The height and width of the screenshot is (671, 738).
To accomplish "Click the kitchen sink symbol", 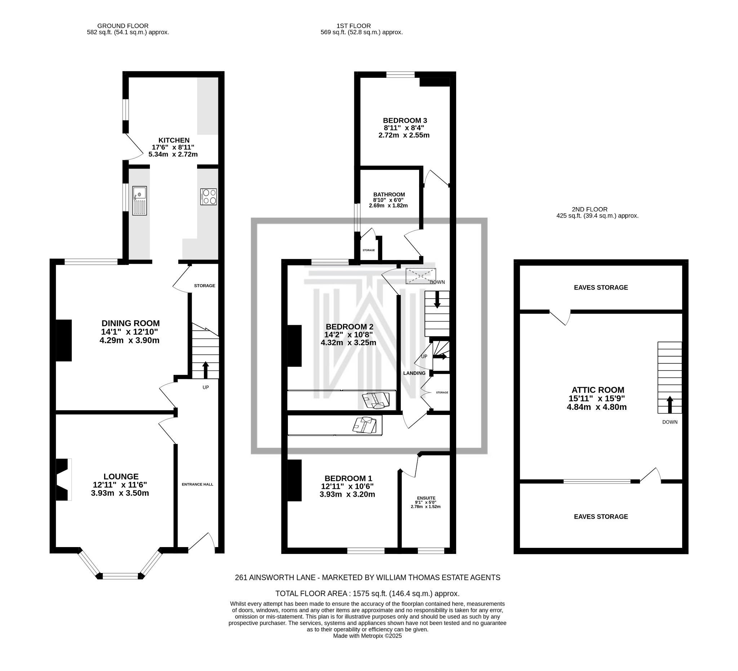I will tap(139, 201).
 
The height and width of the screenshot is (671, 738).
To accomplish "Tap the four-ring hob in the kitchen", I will tap(209, 196).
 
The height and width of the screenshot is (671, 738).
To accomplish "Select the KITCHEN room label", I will tap(174, 140).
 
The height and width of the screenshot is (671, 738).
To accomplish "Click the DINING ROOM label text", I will tap(130, 323).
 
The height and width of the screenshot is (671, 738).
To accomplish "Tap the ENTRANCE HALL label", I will tap(197, 484).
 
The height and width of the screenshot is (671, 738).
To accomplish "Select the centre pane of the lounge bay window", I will tap(120, 576).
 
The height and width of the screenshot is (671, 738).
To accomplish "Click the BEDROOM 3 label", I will tap(405, 120).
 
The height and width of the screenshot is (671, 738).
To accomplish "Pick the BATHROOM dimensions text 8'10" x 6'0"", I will tap(388, 200).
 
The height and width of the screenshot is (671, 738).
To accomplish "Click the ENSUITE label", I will tap(426, 498).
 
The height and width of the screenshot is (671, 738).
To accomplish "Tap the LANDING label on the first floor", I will tap(414, 373).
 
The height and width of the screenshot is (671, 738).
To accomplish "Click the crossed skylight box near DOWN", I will tap(421, 276).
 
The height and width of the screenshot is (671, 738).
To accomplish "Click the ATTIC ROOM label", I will tap(598, 390).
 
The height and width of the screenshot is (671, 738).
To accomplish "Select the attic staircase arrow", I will tap(670, 404).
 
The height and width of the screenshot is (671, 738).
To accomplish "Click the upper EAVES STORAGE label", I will tap(601, 287).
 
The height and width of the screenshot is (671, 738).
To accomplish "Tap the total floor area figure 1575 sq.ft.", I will tap(367, 594).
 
